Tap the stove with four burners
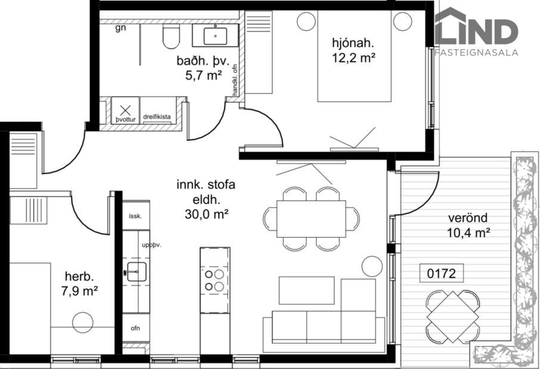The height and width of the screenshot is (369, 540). click(x=214, y=280)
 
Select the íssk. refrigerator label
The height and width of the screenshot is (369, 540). click(x=135, y=216)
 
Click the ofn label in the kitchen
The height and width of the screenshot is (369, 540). click(x=135, y=328)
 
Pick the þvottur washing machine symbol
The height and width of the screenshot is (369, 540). click(x=126, y=112)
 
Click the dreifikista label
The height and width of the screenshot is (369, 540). click(x=157, y=117)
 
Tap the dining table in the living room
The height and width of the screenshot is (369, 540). click(x=311, y=218)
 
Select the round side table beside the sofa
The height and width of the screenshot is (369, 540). click(x=372, y=265)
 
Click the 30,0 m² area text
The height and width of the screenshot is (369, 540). click(x=204, y=213)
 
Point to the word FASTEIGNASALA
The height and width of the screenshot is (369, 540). click(x=476, y=52)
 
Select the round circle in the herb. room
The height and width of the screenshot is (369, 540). click(x=82, y=323)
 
